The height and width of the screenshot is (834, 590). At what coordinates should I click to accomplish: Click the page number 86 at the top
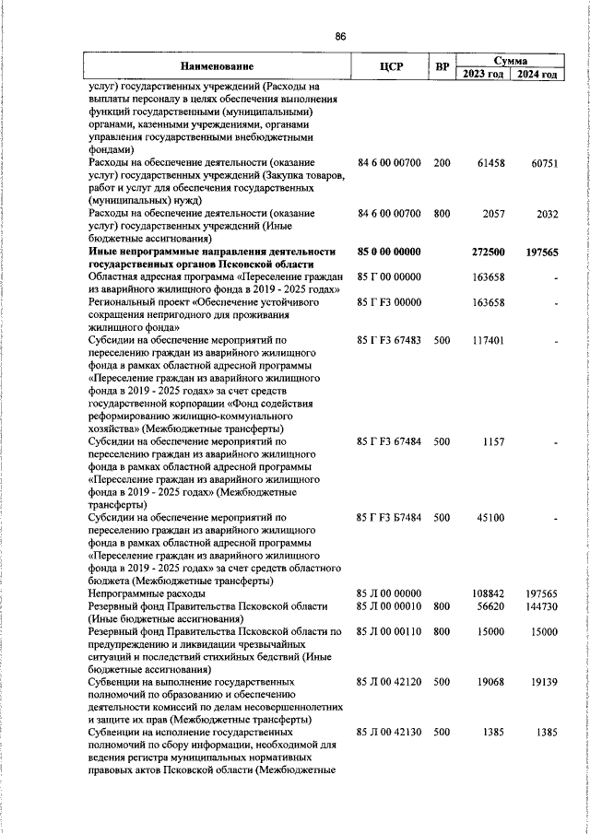(340, 36)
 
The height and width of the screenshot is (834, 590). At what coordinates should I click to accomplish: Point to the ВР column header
(442, 67)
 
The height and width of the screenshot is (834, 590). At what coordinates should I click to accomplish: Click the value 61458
(489, 163)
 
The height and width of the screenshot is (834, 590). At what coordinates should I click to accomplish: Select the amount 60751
(543, 163)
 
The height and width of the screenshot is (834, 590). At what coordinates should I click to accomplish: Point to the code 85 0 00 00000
(388, 251)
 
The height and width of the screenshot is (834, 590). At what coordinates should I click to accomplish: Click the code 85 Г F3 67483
(389, 340)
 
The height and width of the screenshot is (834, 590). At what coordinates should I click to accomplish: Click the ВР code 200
(442, 163)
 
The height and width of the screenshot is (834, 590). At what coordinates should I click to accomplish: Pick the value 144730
(540, 606)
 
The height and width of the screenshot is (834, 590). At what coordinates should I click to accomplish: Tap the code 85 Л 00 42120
(389, 683)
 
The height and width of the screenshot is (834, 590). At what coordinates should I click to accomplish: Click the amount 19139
(543, 683)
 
